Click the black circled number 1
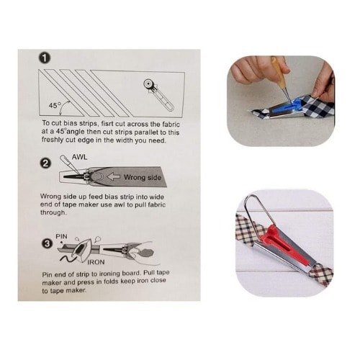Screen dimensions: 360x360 pyautogui.click(x=45, y=58)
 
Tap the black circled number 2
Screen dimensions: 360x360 pyautogui.click(x=45, y=163)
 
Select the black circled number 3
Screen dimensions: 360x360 pyautogui.click(x=47, y=244)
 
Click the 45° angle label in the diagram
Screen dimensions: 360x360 pyautogui.click(x=55, y=105)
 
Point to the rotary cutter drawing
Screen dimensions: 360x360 pyautogui.click(x=158, y=95)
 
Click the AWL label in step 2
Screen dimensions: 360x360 pyautogui.click(x=79, y=157)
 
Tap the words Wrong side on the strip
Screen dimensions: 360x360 pyautogui.click(x=143, y=178)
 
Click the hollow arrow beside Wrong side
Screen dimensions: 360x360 pyautogui.click(x=113, y=177)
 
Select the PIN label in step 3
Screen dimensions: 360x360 pyautogui.click(x=61, y=236)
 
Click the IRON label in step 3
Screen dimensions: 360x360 pyautogui.click(x=96, y=262)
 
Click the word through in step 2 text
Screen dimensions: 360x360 pyautogui.click(x=53, y=212)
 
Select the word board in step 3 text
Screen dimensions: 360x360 pyautogui.click(x=131, y=273)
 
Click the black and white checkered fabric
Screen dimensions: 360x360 pyautogui.click(x=317, y=106)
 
